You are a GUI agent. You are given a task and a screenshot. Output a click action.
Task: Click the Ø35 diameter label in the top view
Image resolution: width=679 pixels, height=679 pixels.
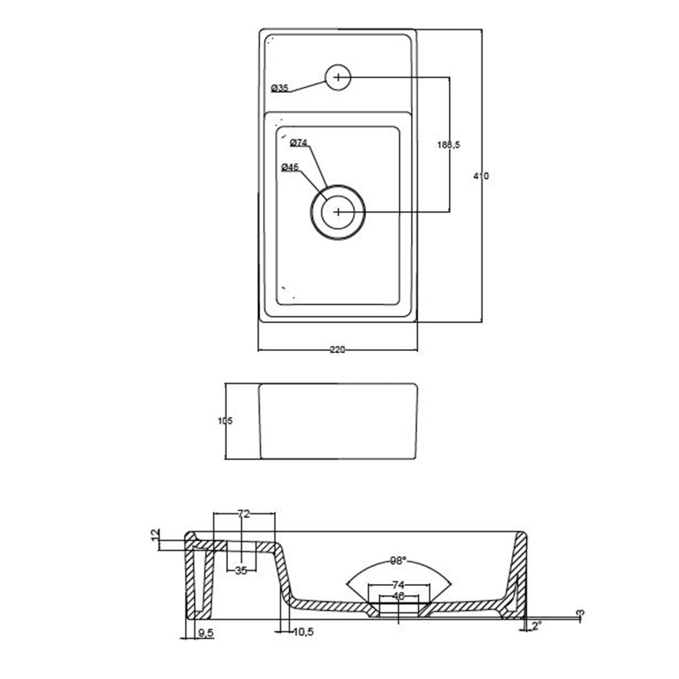click(279, 88)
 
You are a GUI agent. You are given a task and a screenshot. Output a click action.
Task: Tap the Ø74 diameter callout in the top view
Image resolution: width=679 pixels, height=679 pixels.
click(299, 143)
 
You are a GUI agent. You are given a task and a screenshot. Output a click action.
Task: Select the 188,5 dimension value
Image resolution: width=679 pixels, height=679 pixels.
click(448, 145)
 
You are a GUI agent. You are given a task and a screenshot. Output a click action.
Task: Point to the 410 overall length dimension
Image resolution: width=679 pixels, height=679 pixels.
click(481, 176)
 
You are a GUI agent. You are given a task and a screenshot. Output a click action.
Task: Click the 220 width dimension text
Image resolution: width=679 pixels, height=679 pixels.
click(337, 350)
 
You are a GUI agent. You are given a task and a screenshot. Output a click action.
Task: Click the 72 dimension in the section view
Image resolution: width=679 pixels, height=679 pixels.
click(244, 514)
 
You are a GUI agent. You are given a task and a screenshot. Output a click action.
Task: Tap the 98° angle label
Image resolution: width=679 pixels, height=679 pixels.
click(398, 561)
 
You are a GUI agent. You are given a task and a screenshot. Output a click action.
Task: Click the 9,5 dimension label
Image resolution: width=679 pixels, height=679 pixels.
click(205, 633)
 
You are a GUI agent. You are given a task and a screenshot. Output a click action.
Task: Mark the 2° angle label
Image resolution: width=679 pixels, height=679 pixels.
click(536, 624)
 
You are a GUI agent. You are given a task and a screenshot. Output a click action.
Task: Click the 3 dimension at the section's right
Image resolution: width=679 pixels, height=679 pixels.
click(579, 614)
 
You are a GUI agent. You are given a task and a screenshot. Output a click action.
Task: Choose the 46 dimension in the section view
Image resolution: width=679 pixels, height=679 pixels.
click(399, 595)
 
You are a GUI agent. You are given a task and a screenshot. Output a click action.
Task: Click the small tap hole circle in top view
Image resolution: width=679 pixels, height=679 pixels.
click(337, 77)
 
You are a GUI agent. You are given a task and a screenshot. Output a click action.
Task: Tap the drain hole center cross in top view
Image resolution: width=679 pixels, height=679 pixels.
click(338, 213)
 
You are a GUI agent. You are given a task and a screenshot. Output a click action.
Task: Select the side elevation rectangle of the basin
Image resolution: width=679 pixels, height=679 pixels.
click(337, 421)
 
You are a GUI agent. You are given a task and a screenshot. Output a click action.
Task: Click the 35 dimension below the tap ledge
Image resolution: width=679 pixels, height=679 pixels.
click(241, 570)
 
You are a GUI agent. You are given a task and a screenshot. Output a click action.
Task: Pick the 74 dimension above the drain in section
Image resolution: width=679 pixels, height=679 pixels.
click(399, 585)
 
